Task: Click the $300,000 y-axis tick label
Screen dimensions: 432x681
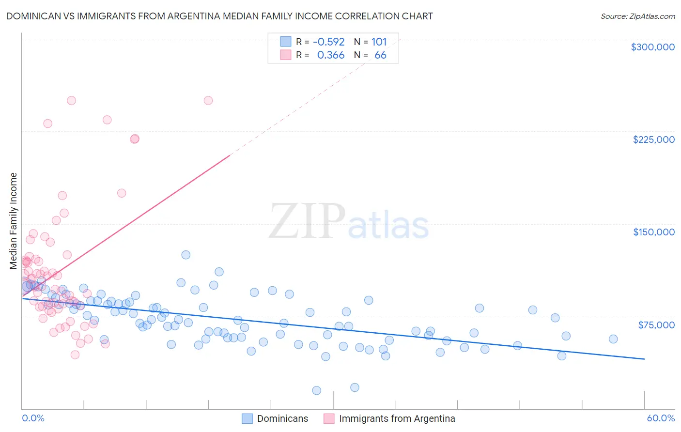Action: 652,47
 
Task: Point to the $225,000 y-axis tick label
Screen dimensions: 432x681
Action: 653,139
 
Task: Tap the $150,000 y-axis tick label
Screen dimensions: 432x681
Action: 653,232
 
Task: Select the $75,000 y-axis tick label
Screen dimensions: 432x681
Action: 656,325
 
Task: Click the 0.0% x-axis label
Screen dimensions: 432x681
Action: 33,418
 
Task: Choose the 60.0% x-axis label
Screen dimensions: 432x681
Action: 660,418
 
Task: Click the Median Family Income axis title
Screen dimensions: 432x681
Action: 14,220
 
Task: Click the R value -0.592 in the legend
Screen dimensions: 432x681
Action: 328,42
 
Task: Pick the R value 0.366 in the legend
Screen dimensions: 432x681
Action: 330,55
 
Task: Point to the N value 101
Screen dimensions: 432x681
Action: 379,42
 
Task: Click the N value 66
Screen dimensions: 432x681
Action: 380,55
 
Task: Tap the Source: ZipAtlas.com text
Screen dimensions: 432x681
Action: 637,16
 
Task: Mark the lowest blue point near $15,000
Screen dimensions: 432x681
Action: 317,390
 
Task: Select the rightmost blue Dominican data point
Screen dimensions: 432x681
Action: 613,339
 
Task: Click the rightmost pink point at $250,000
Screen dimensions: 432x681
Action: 208,101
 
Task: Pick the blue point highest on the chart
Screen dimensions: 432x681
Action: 186,255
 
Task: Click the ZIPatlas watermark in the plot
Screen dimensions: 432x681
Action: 349,221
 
